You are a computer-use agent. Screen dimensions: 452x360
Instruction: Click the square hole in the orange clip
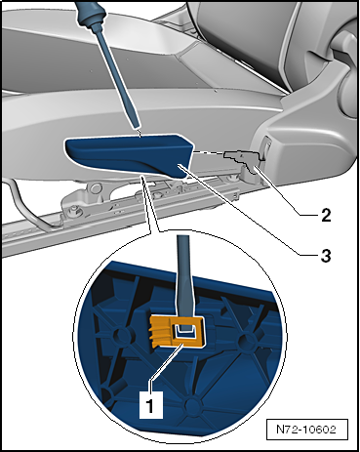tap(183, 335)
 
